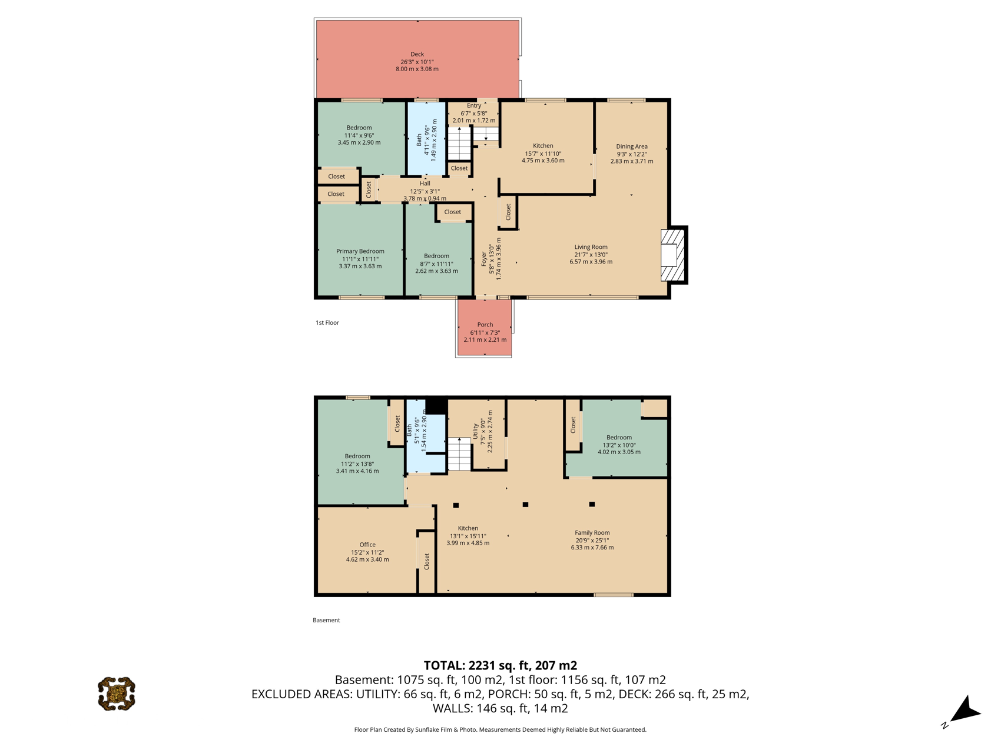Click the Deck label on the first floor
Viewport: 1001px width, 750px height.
(x=417, y=54)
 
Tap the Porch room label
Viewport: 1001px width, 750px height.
(x=485, y=325)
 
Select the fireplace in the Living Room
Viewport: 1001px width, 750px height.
(x=673, y=255)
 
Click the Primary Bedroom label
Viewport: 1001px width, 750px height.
(x=360, y=251)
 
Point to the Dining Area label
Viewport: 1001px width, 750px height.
(x=632, y=146)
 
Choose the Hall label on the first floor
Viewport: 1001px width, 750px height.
(x=425, y=184)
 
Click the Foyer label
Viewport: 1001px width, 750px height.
(x=484, y=259)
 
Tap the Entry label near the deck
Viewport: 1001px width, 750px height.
(x=474, y=106)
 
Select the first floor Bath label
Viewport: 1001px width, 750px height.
(x=419, y=140)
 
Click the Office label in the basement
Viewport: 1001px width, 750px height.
(x=367, y=545)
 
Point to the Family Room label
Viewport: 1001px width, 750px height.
(x=592, y=533)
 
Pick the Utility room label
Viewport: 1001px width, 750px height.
(x=475, y=431)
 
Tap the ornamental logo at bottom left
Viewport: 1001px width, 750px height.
(x=117, y=694)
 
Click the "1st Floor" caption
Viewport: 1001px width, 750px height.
(x=327, y=323)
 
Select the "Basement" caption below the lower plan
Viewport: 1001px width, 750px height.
(x=326, y=620)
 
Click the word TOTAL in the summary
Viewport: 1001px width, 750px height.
(x=444, y=665)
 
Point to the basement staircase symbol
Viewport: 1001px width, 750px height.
(x=459, y=454)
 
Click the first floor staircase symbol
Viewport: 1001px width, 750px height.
(x=460, y=143)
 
